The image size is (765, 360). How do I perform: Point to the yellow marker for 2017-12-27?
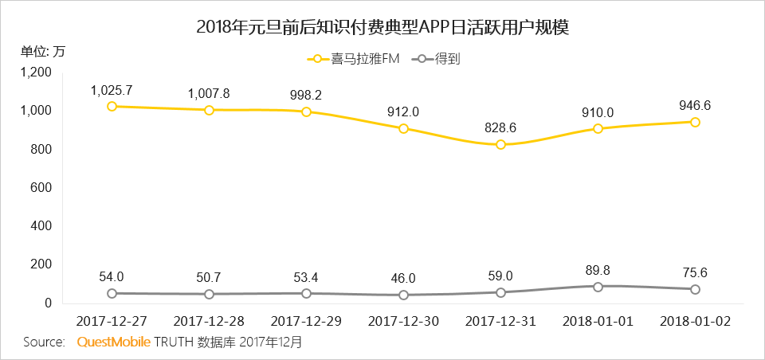point(112,106)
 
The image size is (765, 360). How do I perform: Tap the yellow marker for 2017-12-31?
point(500,144)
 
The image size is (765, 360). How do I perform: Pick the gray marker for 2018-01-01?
point(598,286)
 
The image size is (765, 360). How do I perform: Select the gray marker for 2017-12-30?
point(403,295)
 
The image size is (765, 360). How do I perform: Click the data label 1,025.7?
point(112,89)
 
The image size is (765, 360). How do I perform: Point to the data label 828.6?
point(500,127)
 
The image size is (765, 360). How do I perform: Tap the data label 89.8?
point(598,269)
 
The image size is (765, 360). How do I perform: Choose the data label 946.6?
point(695,105)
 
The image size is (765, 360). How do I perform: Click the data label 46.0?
point(403,278)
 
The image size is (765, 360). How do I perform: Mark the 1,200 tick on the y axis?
point(36,72)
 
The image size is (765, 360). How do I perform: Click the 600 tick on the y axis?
point(41,187)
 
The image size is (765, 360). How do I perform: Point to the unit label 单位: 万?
point(43,52)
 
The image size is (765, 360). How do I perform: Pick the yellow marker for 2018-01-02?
point(695,122)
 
